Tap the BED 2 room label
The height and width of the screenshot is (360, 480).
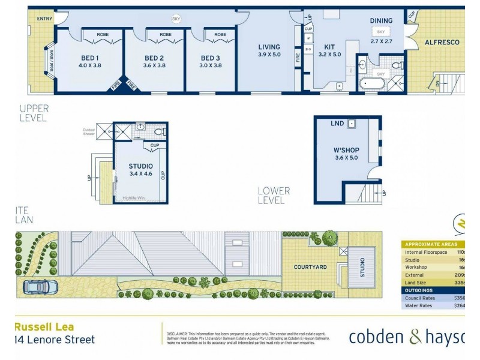point(155,58)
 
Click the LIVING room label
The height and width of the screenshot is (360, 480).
point(269,47)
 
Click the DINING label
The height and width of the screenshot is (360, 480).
point(380,20)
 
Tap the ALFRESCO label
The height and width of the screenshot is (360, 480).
point(442,43)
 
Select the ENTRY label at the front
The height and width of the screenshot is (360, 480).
point(44,19)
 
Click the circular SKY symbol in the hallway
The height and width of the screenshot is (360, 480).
point(176,19)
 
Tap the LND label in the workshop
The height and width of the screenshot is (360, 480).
point(337,124)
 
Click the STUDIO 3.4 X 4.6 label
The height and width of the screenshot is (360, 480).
point(140,170)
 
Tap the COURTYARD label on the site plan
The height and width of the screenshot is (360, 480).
point(310,266)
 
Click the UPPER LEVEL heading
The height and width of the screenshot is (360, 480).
point(34,113)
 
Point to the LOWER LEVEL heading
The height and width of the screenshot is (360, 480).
point(274,196)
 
